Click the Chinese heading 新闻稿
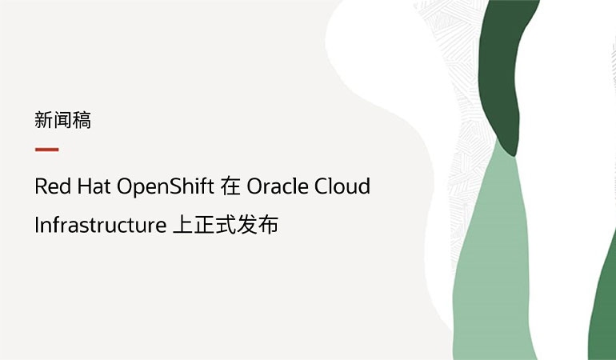tap(63, 121)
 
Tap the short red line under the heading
tap(47, 150)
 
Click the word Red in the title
tap(52, 187)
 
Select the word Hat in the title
tap(94, 187)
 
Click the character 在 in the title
tap(230, 187)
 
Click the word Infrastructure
tap(100, 226)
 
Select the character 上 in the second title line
tap(182, 226)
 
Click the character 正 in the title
tap(206, 226)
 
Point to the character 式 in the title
tap(228, 226)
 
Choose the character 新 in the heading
tap(44, 121)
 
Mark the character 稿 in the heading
tap(82, 121)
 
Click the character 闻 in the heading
tap(63, 121)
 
